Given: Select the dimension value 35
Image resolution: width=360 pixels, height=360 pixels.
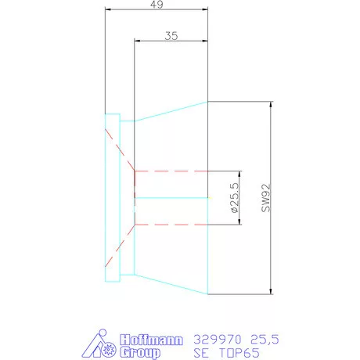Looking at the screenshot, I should (x=172, y=36).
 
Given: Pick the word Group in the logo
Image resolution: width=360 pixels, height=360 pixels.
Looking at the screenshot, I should (x=141, y=352).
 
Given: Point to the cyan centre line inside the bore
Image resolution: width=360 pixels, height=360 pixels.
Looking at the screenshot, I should (x=172, y=198).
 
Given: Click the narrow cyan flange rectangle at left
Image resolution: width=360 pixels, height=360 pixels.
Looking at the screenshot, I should (x=112, y=198).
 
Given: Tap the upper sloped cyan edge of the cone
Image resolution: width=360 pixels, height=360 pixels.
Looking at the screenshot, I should (x=171, y=110).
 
